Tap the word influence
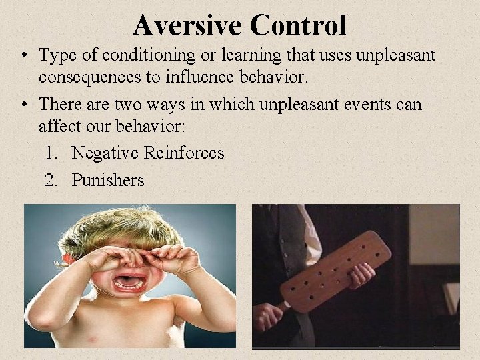(x=192, y=77)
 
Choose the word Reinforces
(x=184, y=153)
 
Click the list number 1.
(x=51, y=153)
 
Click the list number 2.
(x=51, y=180)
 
